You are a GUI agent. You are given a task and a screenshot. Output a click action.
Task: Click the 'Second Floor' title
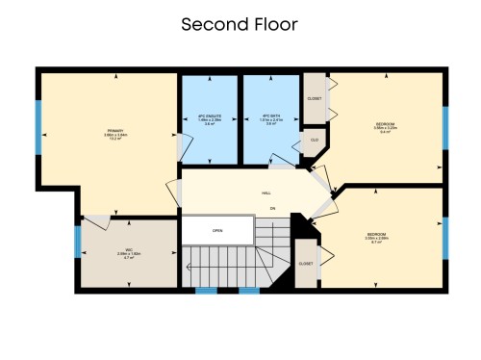tap(240, 24)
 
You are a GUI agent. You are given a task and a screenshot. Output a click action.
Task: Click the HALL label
tap(266, 193)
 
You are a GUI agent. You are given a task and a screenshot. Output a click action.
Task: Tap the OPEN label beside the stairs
tap(217, 231)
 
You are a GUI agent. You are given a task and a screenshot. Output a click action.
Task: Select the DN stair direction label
tap(272, 208)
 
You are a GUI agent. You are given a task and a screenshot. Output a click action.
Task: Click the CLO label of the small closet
tap(314, 141)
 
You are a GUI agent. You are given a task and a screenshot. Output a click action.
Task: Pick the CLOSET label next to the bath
tap(315, 98)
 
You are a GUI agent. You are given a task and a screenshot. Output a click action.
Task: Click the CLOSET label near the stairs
tap(306, 263)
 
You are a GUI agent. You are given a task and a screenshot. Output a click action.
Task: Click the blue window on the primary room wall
tap(39, 126)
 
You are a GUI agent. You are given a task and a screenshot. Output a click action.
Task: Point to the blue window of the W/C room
tap(77, 241)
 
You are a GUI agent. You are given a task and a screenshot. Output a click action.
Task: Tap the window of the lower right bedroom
tap(444, 238)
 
